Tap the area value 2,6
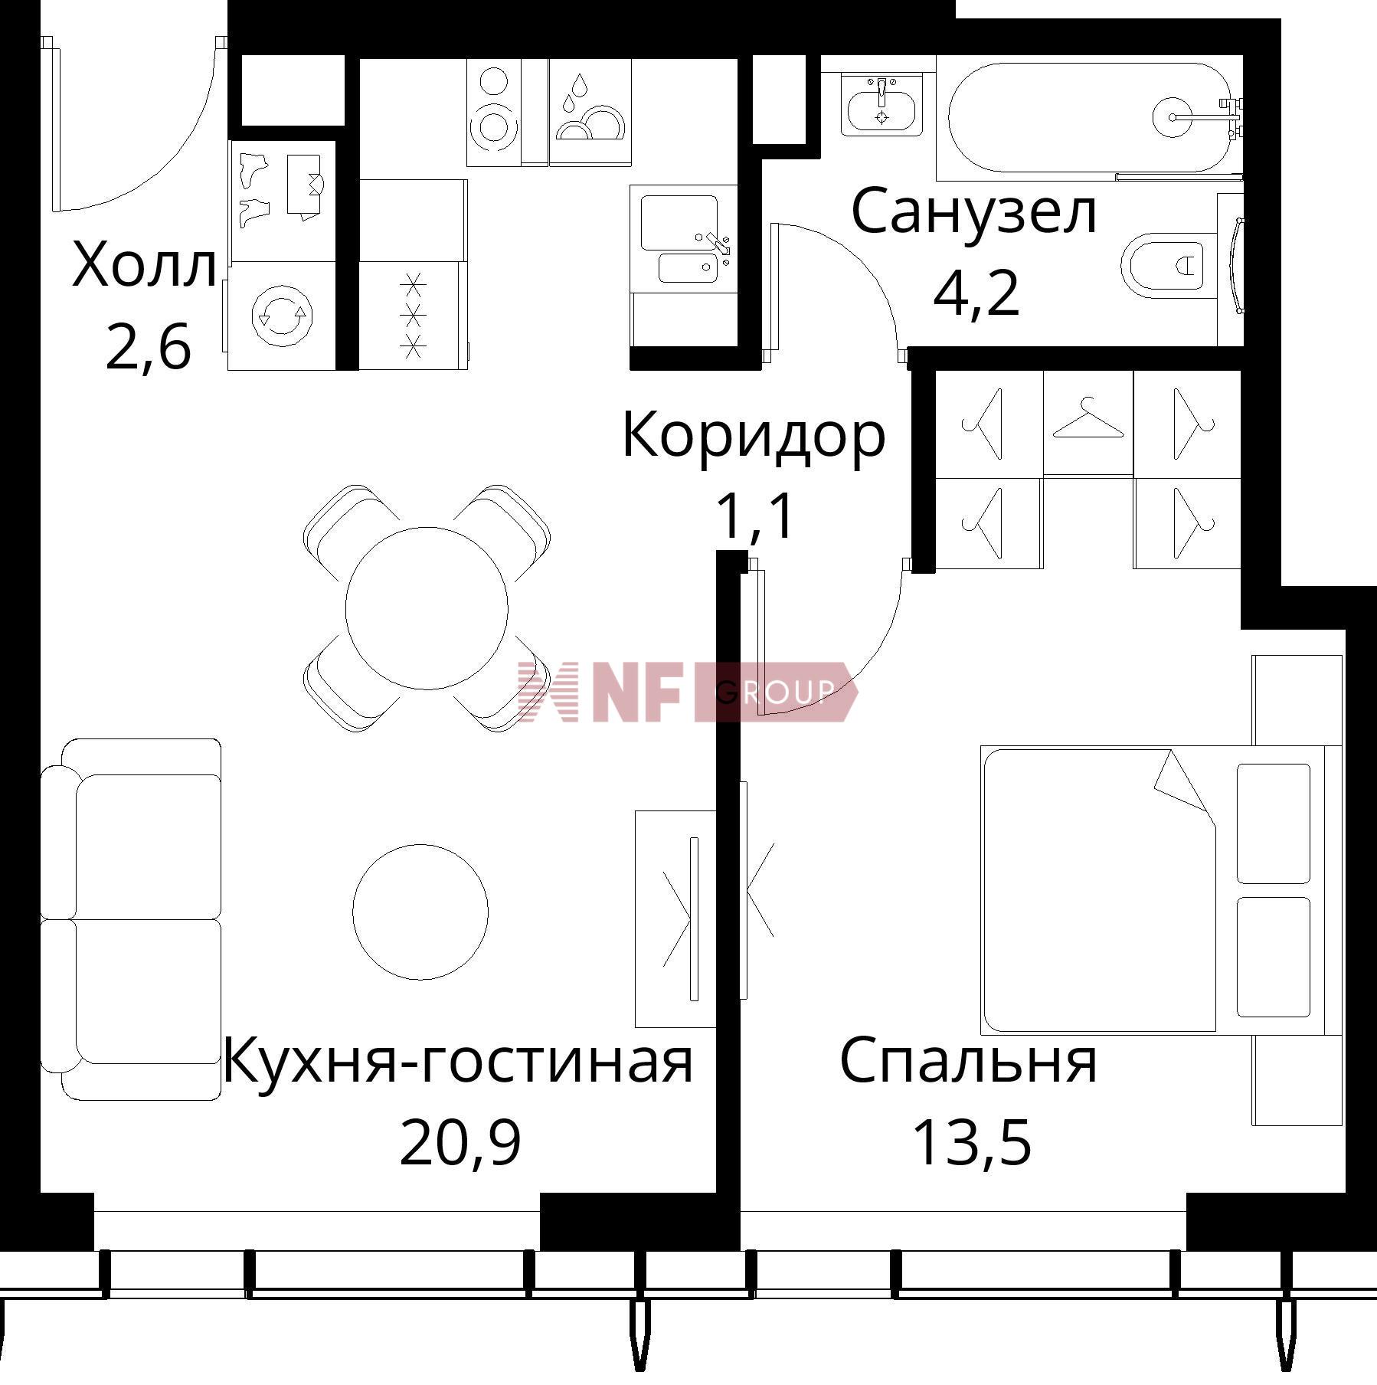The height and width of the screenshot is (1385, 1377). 148,347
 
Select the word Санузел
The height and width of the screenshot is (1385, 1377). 973,212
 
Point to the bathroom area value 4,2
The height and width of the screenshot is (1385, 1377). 976,294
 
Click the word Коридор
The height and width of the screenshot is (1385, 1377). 754,435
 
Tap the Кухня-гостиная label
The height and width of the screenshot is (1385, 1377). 457,1062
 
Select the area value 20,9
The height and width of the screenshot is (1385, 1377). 460,1141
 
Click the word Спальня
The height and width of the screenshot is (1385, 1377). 969,1062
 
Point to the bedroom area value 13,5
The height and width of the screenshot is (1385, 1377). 972,1141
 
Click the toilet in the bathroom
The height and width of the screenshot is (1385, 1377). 1163,265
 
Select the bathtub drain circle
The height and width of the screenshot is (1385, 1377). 1172,117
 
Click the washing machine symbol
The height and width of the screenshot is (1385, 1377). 282,314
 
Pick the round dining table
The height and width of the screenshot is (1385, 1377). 427,608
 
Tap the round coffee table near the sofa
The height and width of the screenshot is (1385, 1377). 420,912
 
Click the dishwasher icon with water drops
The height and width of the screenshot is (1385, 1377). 590,111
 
